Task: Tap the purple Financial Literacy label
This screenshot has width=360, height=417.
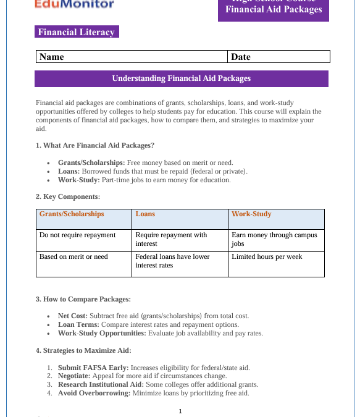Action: [x=76, y=32]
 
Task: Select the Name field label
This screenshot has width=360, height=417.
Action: [x=52, y=57]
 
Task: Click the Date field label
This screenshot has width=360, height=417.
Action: [x=240, y=57]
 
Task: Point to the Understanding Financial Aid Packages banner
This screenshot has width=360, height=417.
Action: [x=181, y=78]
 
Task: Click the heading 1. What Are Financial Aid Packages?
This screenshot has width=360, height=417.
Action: [x=94, y=146]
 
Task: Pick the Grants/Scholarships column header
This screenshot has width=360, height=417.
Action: [x=72, y=214]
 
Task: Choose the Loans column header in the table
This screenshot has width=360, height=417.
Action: [x=145, y=214]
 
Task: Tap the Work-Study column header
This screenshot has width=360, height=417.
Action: [x=251, y=214]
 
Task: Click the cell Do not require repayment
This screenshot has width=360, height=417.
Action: [x=77, y=235]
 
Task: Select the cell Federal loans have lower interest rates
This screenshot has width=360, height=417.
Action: [x=173, y=261]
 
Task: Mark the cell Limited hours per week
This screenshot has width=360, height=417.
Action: [x=267, y=256]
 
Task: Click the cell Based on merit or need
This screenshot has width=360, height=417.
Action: [x=73, y=256]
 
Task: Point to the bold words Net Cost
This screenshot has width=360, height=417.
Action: [x=72, y=316]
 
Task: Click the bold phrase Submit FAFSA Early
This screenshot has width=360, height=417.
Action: [x=85, y=368]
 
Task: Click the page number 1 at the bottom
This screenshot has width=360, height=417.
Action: [x=180, y=411]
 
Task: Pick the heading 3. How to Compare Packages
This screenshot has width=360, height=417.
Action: [x=83, y=300]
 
